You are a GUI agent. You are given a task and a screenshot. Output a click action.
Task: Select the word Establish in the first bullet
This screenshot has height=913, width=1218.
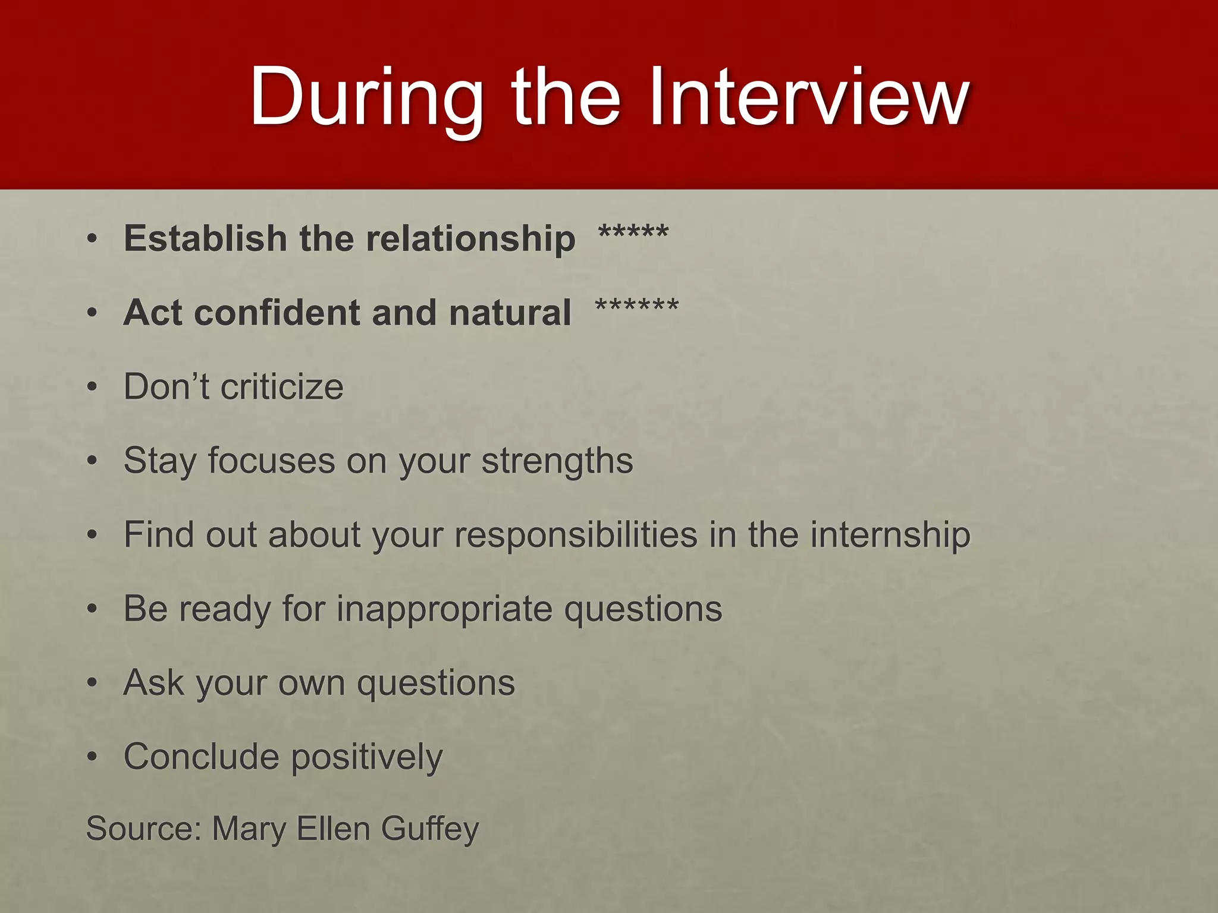[x=205, y=238]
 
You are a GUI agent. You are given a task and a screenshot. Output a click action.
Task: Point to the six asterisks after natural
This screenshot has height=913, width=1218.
[x=637, y=307]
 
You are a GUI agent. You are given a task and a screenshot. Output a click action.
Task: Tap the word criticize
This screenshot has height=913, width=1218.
[x=282, y=387]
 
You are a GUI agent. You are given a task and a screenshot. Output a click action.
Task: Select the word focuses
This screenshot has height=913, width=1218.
[x=271, y=461]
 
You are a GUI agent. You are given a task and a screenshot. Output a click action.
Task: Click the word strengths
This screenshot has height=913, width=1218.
[x=557, y=461]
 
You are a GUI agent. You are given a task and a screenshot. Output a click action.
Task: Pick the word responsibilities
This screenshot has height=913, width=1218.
[x=576, y=534]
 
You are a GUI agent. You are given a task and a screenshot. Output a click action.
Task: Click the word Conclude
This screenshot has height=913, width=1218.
[x=201, y=757]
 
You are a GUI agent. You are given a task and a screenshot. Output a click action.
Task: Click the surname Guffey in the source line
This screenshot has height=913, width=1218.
[x=429, y=829]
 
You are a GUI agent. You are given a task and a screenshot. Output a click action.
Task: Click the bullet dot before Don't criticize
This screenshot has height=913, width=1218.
[x=92, y=387]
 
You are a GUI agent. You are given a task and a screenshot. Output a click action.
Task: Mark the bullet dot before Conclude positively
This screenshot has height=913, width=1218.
[x=92, y=757]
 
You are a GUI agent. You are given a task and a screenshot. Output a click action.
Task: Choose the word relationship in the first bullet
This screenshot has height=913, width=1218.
[x=470, y=238]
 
